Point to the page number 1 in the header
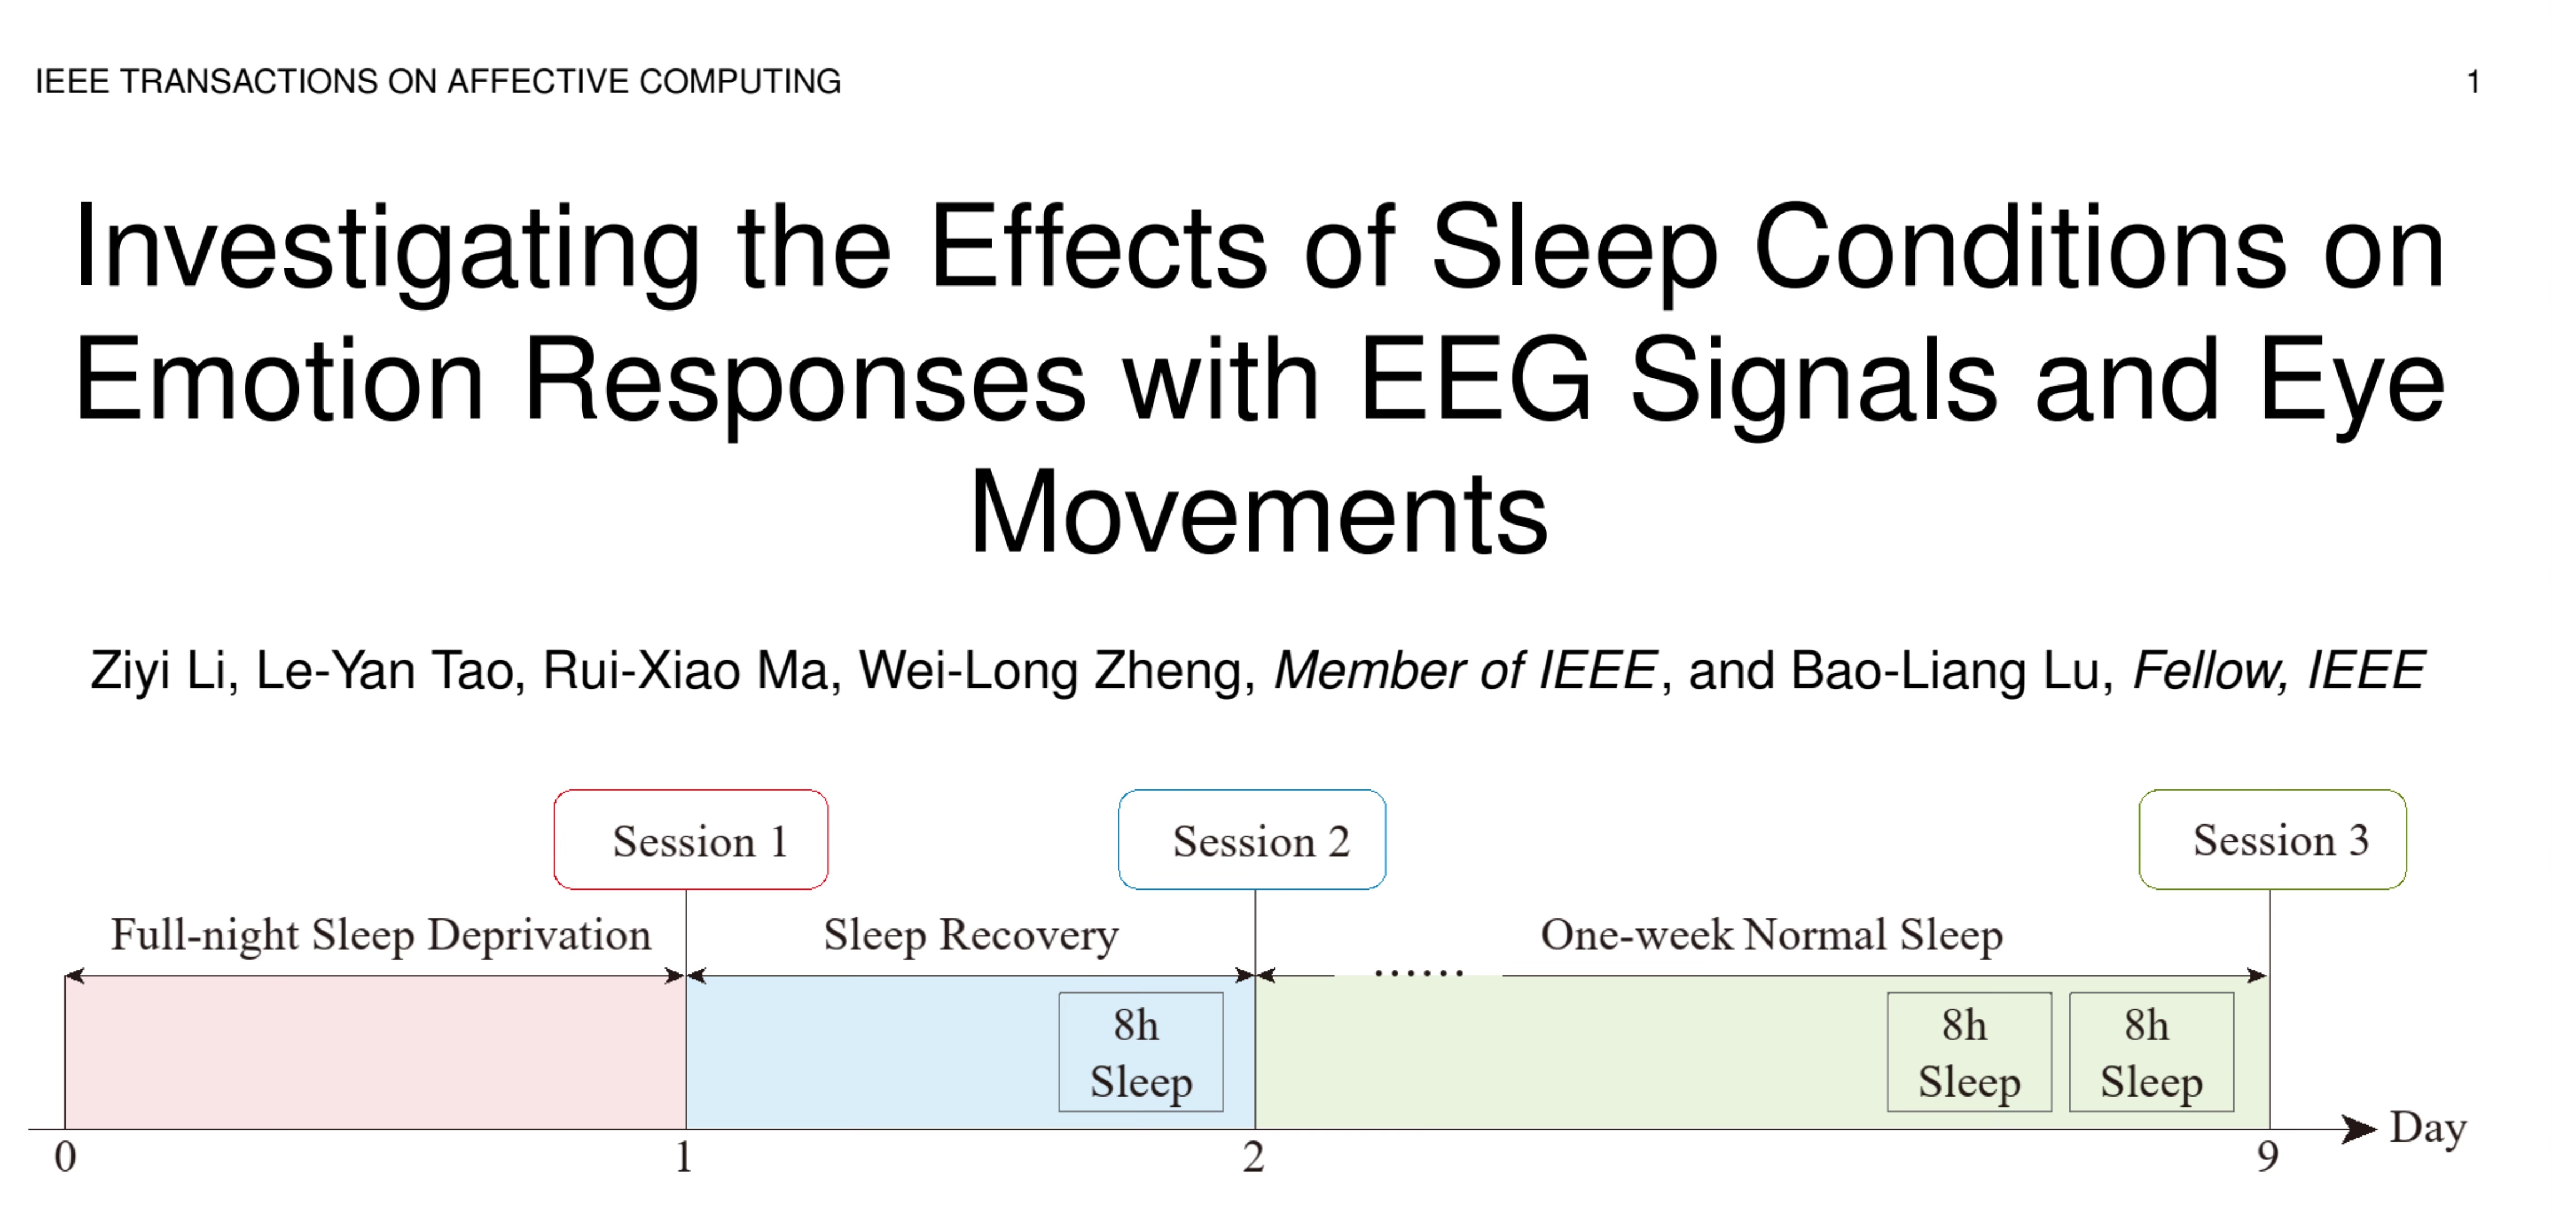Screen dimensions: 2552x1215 point(2472,81)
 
